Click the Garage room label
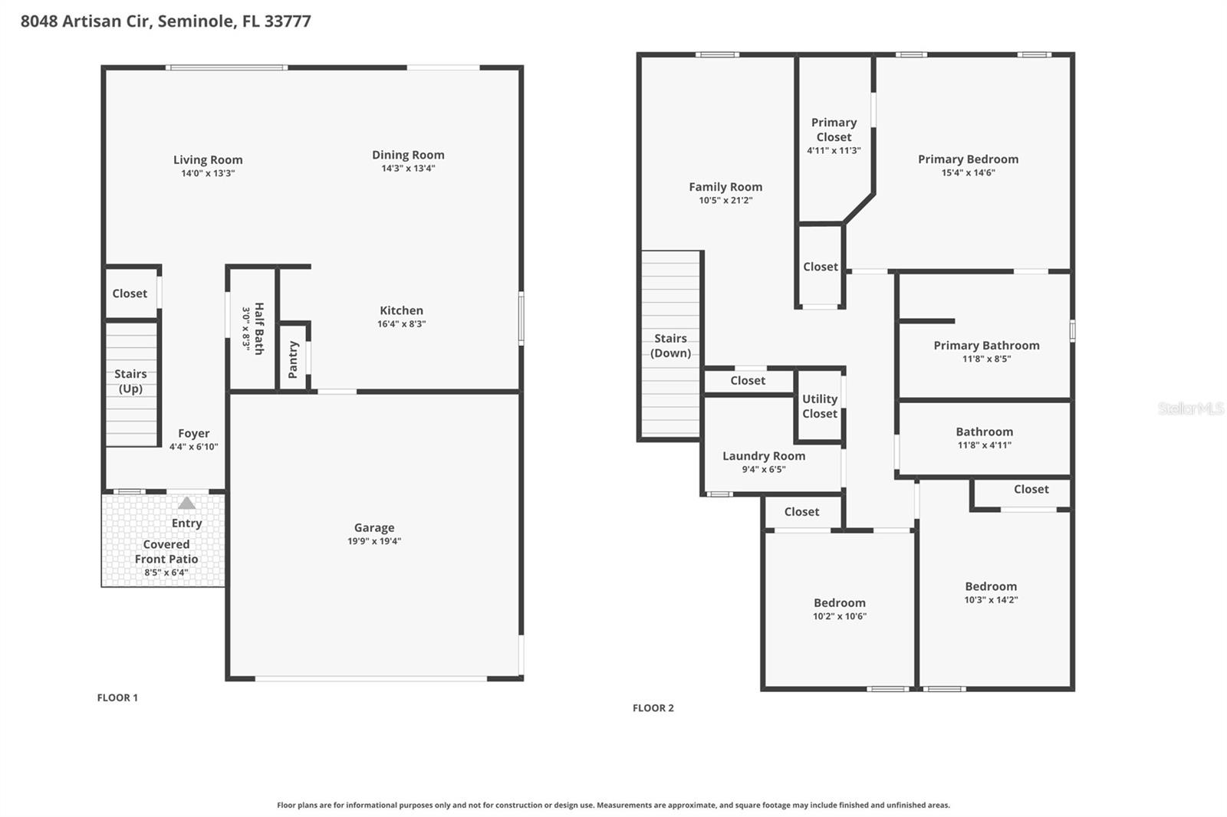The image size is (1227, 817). pos(374,527)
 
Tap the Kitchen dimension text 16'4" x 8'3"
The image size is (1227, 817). pos(401,324)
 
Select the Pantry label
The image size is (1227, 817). pos(293,359)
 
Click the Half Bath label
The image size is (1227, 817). pos(259,328)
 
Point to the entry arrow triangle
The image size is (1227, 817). pos(186,504)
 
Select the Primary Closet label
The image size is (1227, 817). pos(834,130)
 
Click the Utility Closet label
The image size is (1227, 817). pos(820,406)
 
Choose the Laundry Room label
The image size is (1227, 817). pos(764,456)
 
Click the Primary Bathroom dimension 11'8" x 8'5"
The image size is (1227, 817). pos(986,359)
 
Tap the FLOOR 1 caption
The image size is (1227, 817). pos(117,697)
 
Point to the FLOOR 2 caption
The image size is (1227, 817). pos(653,708)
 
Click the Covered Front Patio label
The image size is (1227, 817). pos(166,552)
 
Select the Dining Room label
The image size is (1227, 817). pos(408,155)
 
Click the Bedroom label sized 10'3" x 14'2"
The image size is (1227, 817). pos(991,586)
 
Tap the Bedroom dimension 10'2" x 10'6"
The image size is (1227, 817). pos(840,616)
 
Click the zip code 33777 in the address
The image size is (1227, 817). pos(288,21)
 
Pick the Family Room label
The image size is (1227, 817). pos(725,187)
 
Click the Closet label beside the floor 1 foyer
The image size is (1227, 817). pos(130,294)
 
